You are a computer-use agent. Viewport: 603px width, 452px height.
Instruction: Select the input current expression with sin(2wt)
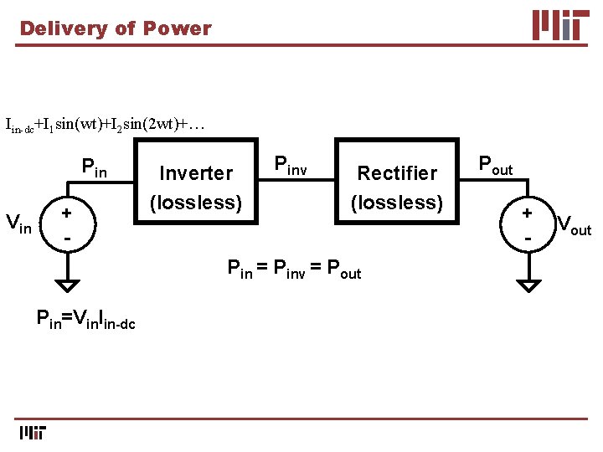pyautogui.click(x=105, y=126)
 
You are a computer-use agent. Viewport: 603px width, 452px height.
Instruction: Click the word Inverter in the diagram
pyautogui.click(x=196, y=173)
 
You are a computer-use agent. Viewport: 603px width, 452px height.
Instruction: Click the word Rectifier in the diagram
pyautogui.click(x=397, y=173)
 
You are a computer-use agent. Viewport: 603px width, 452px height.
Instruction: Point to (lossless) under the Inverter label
pyautogui.click(x=196, y=203)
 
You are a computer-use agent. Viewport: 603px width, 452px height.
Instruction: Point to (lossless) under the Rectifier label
pyautogui.click(x=397, y=203)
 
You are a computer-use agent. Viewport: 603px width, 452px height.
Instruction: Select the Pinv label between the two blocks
pyautogui.click(x=291, y=166)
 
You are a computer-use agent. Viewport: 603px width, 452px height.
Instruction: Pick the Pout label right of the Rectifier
pyautogui.click(x=495, y=165)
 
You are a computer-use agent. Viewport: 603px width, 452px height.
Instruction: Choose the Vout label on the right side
pyautogui.click(x=574, y=225)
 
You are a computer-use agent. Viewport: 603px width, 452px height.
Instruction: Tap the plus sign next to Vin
pyautogui.click(x=65, y=213)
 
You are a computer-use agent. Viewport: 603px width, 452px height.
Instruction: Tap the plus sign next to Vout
pyautogui.click(x=528, y=213)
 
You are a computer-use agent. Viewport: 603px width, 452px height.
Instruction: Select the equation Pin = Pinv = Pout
pyautogui.click(x=295, y=270)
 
